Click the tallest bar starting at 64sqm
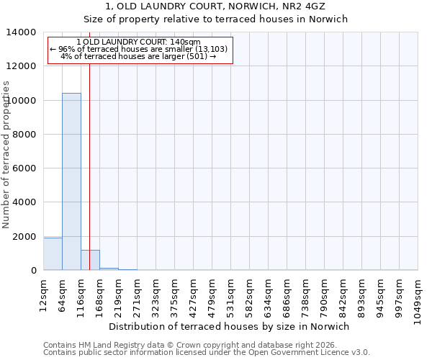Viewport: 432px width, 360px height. (x=71, y=181)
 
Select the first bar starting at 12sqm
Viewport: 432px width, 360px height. (x=53, y=254)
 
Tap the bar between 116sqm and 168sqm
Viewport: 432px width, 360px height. (x=90, y=260)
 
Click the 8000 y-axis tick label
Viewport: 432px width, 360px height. (x=25, y=135)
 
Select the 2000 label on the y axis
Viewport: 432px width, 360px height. (x=25, y=237)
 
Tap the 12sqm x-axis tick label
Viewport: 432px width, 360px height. (x=43, y=294)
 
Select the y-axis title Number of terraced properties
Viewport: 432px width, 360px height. (x=6, y=154)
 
